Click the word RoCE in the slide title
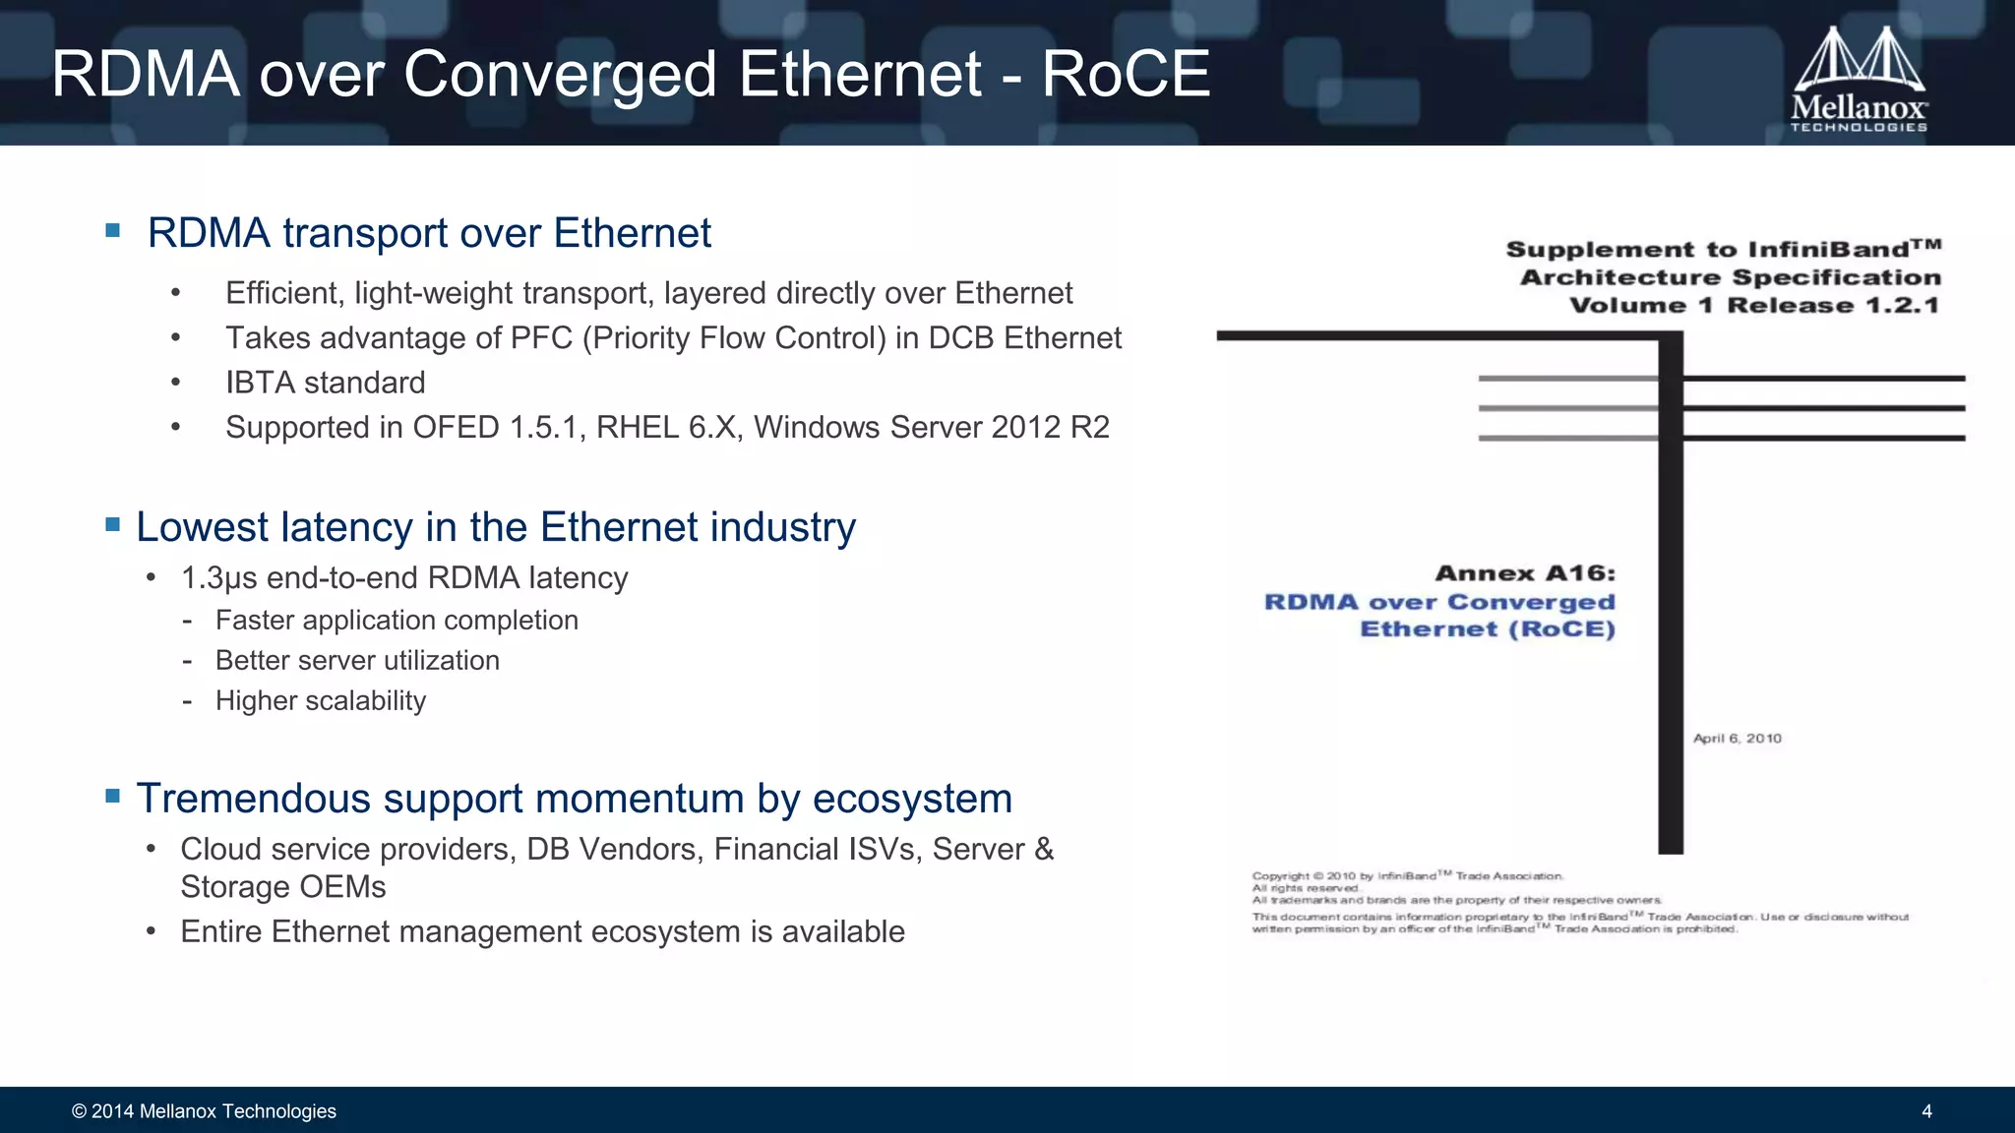pos(1126,75)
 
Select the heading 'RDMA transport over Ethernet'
pos(429,234)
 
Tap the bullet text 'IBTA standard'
pos(325,383)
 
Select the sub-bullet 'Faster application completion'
pos(397,621)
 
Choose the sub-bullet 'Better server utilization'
pos(357,661)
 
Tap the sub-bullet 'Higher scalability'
pos(321,701)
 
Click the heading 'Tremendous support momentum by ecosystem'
pos(574,799)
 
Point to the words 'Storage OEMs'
pos(283,887)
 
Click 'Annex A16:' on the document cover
pos(1525,573)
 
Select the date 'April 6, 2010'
pos(1737,739)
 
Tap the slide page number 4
pos(1926,1111)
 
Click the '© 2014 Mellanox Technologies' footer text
pos(204,1111)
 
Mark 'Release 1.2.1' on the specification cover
pos(1833,306)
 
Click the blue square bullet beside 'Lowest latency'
pos(113,525)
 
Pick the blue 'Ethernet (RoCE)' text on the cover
pos(1488,629)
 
